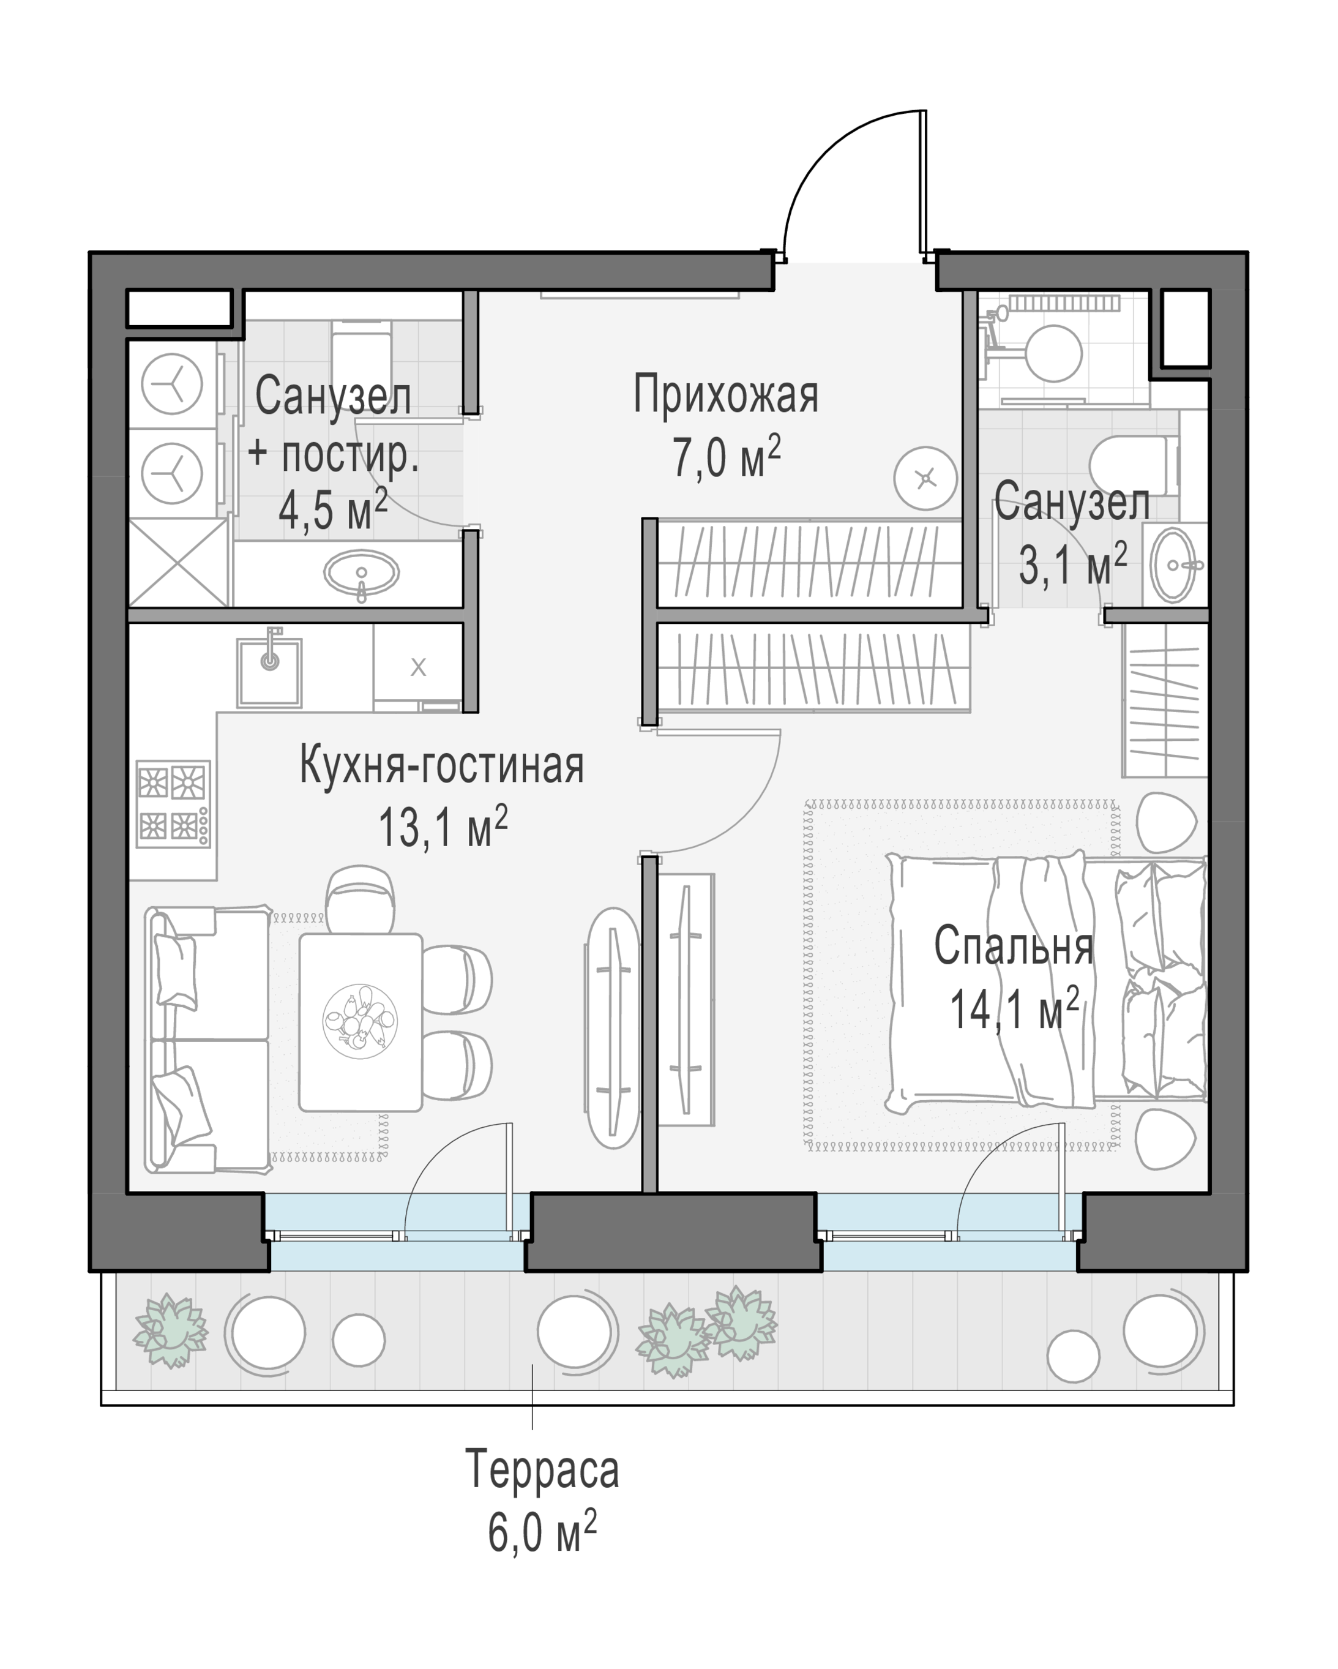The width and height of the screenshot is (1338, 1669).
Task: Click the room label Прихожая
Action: [726, 395]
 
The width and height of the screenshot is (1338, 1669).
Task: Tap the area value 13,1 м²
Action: [443, 827]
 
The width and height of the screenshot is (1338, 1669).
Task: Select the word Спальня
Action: [1014, 946]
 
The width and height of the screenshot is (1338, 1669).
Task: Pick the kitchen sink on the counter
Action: [269, 672]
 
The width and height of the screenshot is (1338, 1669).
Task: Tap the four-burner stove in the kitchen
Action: [173, 803]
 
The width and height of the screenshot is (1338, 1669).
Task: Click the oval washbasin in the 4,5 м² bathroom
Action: [361, 574]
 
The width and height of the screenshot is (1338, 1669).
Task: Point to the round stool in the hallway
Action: [925, 478]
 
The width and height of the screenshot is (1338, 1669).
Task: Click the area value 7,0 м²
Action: [726, 457]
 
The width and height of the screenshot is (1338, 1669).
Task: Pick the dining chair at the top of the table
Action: [361, 900]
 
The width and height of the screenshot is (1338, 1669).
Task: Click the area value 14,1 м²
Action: [1014, 1008]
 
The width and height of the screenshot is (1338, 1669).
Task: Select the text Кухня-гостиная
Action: [442, 765]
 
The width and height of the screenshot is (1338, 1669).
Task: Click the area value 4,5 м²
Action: [334, 510]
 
